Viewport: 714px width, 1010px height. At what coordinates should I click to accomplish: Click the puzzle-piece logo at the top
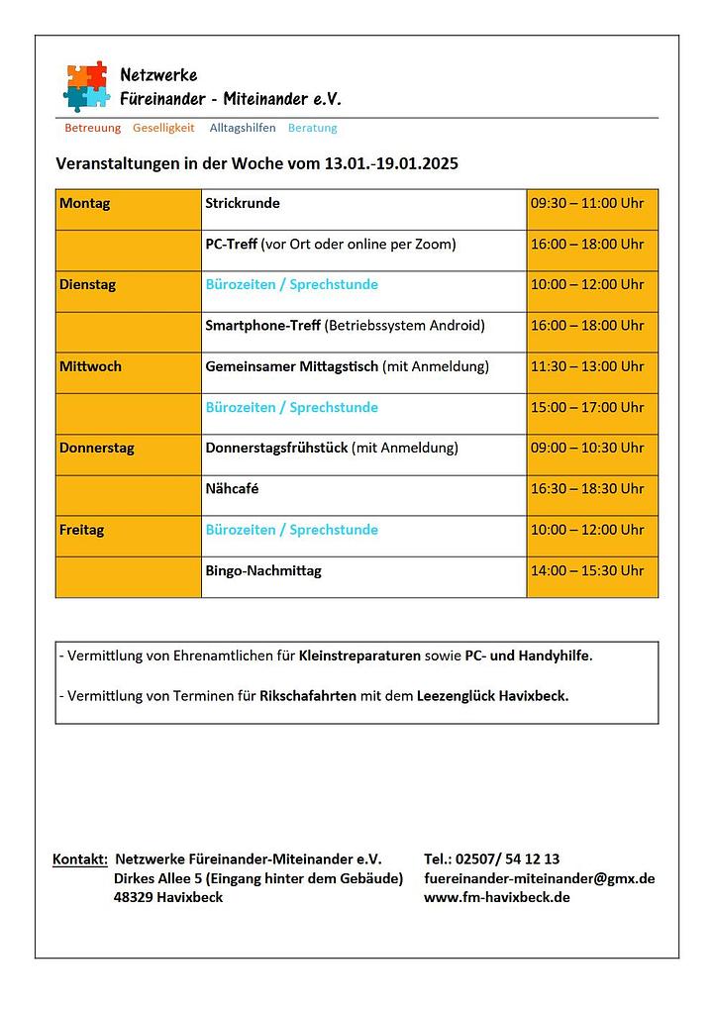pos(86,86)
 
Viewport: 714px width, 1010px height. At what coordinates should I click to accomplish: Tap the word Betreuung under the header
pos(92,128)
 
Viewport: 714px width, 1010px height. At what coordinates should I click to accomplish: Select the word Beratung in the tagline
pos(312,128)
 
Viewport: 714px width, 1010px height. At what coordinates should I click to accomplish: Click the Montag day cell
pos(85,203)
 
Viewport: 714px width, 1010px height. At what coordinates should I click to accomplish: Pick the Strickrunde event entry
pos(243,203)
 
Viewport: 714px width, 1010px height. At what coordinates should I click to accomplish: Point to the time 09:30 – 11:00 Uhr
pos(587,203)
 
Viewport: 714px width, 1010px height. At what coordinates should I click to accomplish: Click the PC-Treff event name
pos(231,244)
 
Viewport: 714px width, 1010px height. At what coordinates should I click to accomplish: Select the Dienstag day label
pos(87,284)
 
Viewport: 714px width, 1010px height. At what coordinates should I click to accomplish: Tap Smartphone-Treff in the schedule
pos(262,326)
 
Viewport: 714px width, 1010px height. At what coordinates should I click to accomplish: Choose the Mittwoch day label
pos(90,366)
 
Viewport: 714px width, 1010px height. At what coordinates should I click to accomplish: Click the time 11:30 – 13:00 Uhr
pos(587,366)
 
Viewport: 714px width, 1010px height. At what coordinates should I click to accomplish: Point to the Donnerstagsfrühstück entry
pos(276,448)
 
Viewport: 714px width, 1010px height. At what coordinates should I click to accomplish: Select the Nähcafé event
pos(232,488)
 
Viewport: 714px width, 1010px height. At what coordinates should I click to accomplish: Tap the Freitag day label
pos(81,530)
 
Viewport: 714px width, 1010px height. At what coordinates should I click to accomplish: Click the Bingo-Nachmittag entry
pos(263,570)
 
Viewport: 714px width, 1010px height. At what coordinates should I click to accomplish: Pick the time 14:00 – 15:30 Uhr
pos(587,570)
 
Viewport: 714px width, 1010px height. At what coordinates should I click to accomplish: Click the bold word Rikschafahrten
pos(307,696)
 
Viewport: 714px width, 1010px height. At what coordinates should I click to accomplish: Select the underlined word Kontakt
pos(79,859)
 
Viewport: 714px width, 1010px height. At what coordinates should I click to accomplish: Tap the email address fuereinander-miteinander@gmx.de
pos(539,878)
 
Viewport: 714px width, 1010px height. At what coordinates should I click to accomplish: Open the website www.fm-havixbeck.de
pos(496,897)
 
